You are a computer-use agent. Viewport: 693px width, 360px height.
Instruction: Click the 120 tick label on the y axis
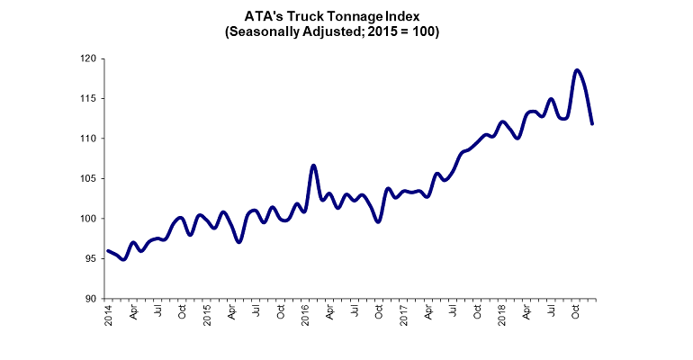tap(89, 58)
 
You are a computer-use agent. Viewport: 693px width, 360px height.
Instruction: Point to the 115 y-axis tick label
tap(89, 98)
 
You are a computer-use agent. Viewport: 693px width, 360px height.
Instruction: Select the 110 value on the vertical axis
tap(89, 139)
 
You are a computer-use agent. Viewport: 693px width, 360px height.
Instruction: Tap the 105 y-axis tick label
tap(89, 178)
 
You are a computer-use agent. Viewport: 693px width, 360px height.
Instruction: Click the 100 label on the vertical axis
tap(89, 219)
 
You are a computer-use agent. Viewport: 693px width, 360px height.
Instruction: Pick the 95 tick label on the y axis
tap(91, 258)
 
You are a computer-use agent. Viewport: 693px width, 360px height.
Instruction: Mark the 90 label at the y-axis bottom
tap(91, 298)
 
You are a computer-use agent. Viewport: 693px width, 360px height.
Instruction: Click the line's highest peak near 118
tap(576, 70)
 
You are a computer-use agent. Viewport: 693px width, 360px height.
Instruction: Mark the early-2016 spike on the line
tap(313, 166)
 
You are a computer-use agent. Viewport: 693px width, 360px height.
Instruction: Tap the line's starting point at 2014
tap(108, 251)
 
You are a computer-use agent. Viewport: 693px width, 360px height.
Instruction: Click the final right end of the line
tap(592, 123)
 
